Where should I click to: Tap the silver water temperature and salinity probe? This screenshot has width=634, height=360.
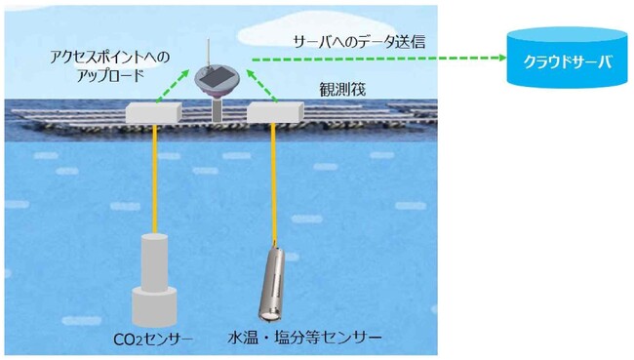click(x=272, y=283)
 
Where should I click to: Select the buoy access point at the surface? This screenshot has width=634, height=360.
click(x=216, y=82)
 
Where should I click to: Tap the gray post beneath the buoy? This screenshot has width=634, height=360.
click(x=215, y=109)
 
